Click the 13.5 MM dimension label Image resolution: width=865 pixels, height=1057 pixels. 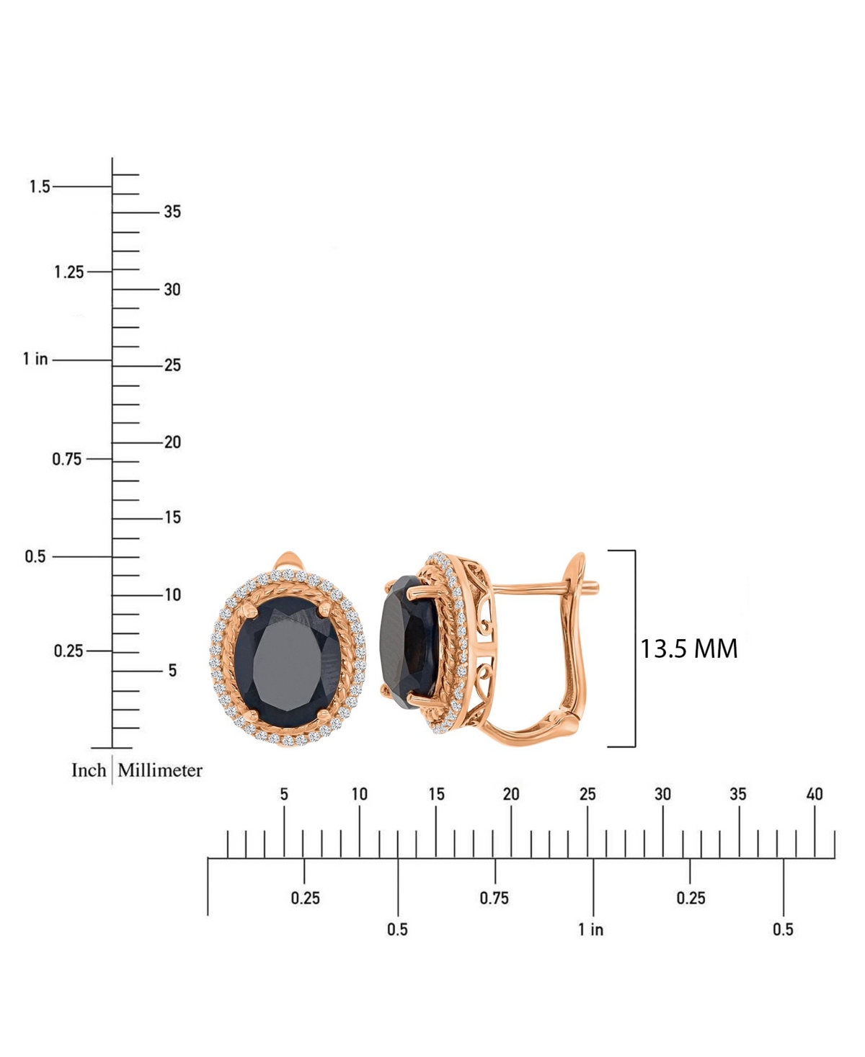(689, 648)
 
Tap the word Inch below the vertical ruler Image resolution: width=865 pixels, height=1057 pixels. (89, 770)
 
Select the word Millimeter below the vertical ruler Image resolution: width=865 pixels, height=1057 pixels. (160, 770)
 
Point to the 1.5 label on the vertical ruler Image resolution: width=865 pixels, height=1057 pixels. (40, 187)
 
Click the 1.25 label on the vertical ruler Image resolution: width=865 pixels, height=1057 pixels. (69, 272)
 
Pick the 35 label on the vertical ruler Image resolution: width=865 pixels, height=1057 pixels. (172, 212)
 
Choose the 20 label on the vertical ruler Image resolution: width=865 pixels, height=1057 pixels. (172, 442)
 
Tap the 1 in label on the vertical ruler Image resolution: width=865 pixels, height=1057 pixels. (35, 359)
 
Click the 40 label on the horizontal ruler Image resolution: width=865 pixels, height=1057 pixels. (815, 794)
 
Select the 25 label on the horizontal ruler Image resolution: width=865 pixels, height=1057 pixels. (587, 794)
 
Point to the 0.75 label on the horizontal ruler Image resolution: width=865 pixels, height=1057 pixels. (494, 898)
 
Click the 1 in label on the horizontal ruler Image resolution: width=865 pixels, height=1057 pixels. (591, 929)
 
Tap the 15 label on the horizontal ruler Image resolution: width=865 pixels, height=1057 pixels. (436, 794)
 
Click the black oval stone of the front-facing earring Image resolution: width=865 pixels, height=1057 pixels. (289, 653)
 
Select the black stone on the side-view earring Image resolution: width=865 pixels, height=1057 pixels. (409, 638)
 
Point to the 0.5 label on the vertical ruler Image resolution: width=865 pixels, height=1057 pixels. (35, 556)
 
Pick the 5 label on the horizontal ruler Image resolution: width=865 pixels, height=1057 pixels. (284, 794)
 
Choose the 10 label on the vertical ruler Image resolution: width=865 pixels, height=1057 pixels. (172, 594)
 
